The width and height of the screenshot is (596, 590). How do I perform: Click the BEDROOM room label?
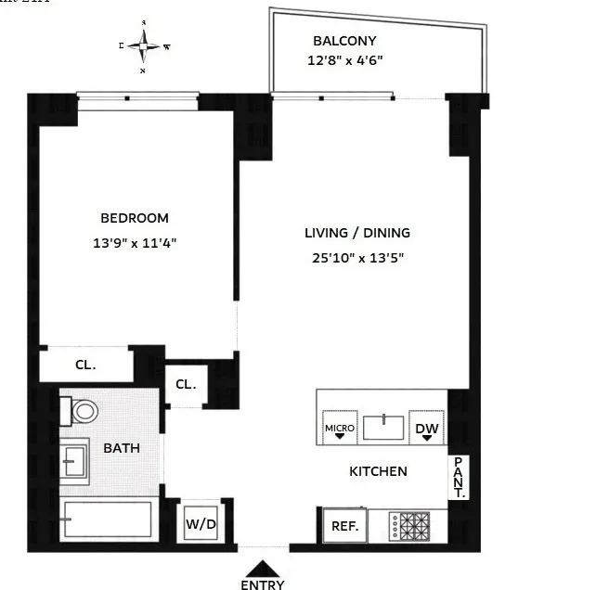click(x=135, y=218)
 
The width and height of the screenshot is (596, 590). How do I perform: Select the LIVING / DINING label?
click(x=357, y=233)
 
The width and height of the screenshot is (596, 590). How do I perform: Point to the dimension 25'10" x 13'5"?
click(x=357, y=259)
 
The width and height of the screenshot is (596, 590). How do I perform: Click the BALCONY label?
click(x=343, y=41)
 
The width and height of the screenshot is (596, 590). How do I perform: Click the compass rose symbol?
click(x=144, y=45)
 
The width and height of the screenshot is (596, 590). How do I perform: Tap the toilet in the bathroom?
click(x=82, y=410)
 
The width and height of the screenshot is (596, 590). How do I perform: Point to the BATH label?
click(x=122, y=448)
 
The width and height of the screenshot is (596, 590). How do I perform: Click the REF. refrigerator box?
click(x=344, y=525)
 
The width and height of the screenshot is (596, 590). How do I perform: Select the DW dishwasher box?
click(x=426, y=428)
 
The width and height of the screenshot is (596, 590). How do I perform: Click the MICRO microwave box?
click(x=339, y=428)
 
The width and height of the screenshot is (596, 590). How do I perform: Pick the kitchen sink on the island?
click(x=383, y=428)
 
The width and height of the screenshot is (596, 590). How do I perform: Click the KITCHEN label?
click(x=378, y=471)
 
